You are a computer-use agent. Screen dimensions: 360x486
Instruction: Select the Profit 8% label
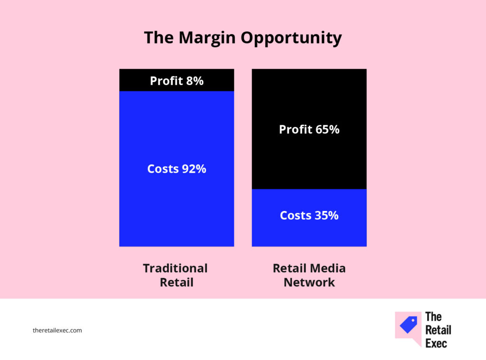[177, 81]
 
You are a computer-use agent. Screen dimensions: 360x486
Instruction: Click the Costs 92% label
[177, 168]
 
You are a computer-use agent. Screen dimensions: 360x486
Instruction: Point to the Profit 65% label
[309, 129]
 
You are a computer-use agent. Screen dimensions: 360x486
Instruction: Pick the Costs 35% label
[309, 215]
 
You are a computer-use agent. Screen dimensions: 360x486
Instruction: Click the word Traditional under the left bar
[175, 268]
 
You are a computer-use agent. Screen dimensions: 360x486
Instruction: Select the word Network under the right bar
[309, 282]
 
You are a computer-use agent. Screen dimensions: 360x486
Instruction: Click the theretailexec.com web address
[57, 330]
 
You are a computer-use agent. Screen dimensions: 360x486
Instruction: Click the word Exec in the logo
[436, 343]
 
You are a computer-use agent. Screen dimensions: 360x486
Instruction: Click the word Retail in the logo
[438, 330]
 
